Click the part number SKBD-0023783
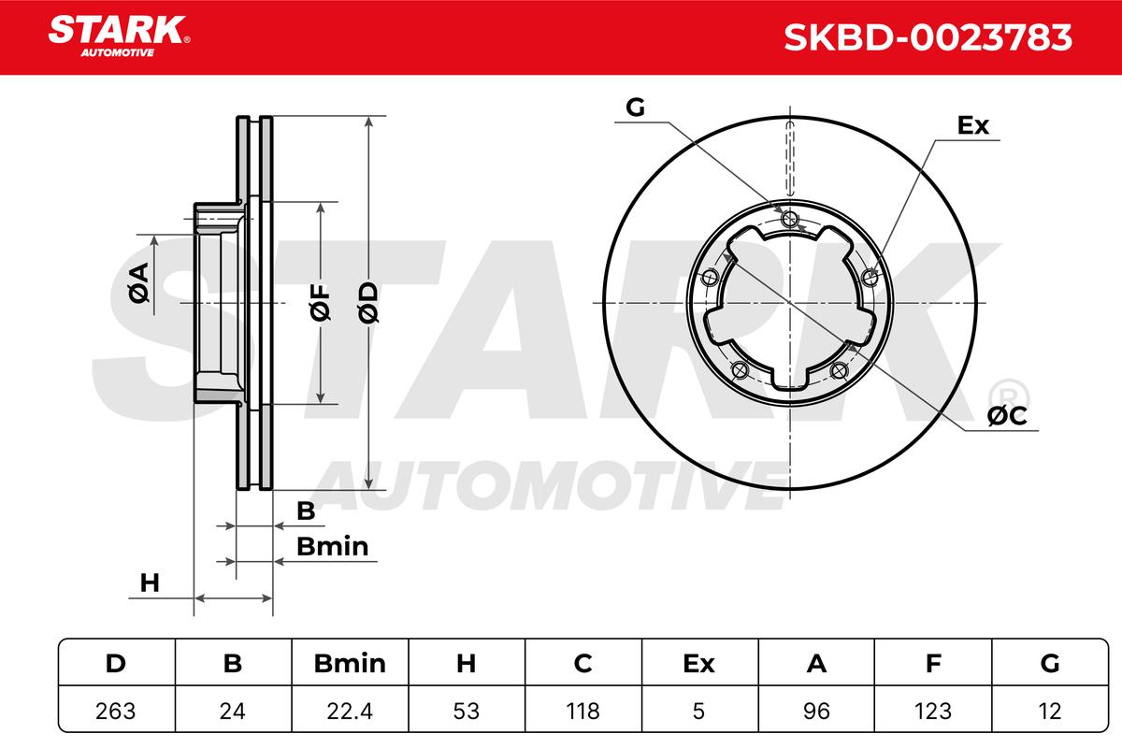(928, 37)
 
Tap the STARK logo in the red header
(119, 36)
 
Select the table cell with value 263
(116, 711)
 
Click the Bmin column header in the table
(350, 663)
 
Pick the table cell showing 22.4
(350, 711)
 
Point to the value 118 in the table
(583, 711)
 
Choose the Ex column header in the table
(698, 663)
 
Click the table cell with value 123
(933, 711)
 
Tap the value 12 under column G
(1049, 711)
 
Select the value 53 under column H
(466, 711)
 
